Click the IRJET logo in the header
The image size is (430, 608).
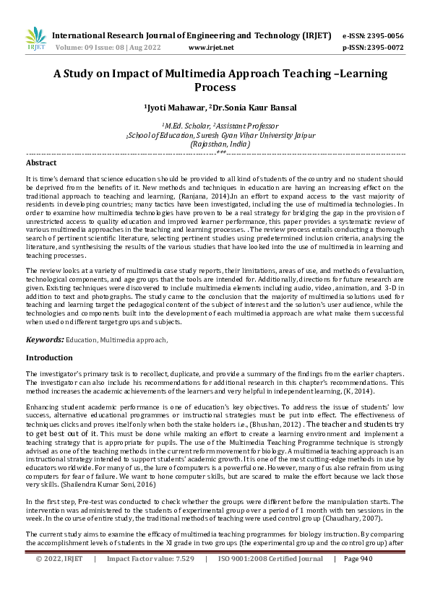[35, 40]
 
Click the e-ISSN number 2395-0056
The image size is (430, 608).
[384, 35]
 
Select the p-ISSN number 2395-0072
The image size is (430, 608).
[384, 47]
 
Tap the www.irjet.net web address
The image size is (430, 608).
[210, 47]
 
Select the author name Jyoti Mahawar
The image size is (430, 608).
[174, 108]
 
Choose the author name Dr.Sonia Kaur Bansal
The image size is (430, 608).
[250, 108]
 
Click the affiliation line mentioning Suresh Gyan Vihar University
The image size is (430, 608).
[215, 134]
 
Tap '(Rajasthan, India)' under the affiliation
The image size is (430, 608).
[215, 144]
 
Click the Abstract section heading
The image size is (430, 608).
[41, 163]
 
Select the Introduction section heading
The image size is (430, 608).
[49, 357]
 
